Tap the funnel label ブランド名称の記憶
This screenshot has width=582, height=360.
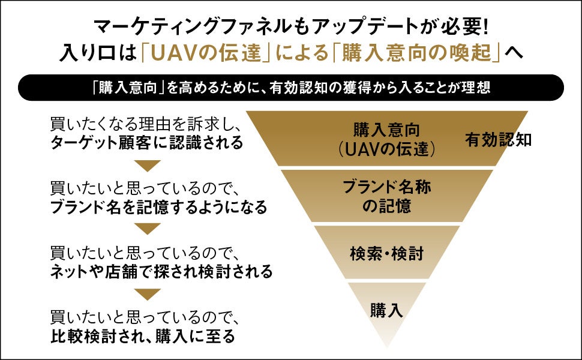click(386, 196)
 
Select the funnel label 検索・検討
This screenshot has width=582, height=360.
click(386, 253)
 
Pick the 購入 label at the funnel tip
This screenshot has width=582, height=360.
click(386, 310)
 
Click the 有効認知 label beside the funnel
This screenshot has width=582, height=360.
click(499, 140)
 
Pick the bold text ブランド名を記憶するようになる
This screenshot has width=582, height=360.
click(158, 208)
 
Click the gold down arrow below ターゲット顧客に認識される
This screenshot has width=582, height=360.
click(146, 166)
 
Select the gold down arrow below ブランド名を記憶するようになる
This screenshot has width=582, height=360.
click(146, 229)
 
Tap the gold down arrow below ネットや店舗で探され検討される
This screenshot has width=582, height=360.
click(146, 294)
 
